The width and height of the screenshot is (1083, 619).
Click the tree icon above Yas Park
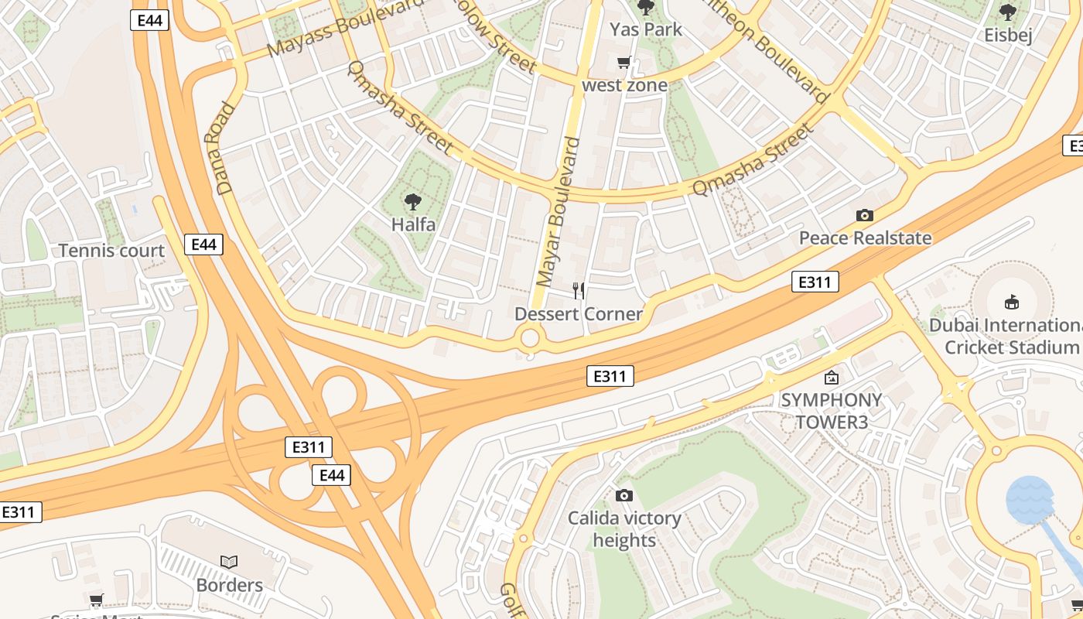(645, 8)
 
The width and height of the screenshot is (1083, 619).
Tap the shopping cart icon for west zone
(623, 63)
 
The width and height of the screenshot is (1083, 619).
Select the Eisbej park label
(1008, 35)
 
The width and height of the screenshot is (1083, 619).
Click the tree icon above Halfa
(413, 202)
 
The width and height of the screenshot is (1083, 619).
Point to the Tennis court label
(112, 251)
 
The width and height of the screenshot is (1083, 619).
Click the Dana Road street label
(220, 148)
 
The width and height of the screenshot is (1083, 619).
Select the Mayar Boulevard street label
(558, 212)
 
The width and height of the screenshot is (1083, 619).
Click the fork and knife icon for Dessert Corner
(578, 291)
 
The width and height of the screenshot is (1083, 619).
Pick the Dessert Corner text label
(579, 313)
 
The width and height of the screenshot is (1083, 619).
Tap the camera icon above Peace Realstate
(865, 215)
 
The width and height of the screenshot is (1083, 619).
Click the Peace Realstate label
(865, 238)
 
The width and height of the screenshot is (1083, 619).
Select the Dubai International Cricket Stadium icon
(1011, 302)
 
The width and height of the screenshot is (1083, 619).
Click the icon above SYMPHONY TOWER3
(832, 378)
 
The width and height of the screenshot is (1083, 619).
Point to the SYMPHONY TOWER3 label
(831, 411)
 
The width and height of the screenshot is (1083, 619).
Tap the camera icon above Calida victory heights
(624, 495)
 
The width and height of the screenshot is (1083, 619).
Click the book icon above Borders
(229, 562)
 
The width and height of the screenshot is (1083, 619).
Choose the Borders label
(229, 585)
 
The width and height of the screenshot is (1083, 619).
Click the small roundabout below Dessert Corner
(530, 338)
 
